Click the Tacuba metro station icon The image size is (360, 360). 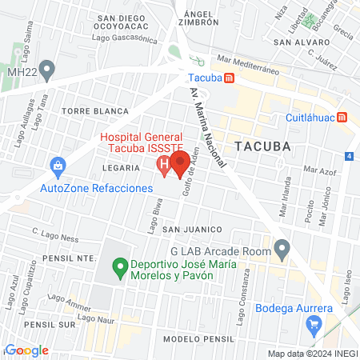pyautogui.click(x=230, y=78)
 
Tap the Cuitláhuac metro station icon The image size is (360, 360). pyautogui.click(x=342, y=118)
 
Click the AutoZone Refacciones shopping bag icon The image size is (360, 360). pyautogui.click(x=58, y=166)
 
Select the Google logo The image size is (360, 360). pyautogui.click(x=26, y=350)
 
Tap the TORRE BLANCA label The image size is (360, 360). pyautogui.click(x=95, y=110)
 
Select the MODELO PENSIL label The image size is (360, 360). pyautogui.click(x=193, y=338)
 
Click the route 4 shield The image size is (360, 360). pyautogui.click(x=350, y=155)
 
